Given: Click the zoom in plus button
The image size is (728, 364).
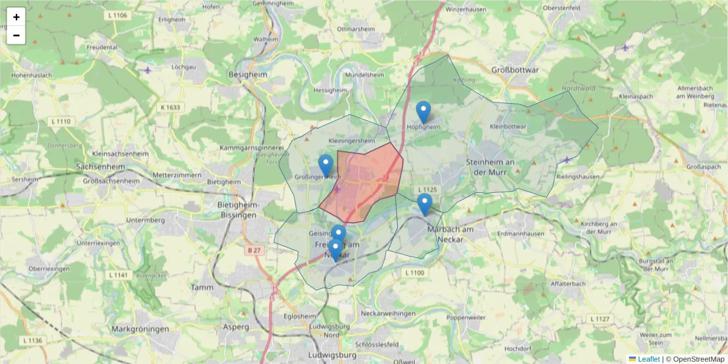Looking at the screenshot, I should click(16, 17).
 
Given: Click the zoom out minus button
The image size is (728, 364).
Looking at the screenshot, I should click(16, 35).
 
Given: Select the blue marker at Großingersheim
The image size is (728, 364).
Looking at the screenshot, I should click(326, 166).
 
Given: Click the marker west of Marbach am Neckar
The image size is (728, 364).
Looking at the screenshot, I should click(425, 204).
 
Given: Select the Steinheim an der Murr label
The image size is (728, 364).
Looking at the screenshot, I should click(491, 166).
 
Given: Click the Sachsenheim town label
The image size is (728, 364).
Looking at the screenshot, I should click(101, 166).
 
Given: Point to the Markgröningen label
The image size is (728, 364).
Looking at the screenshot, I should click(140, 329).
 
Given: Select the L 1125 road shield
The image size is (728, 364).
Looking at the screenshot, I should click(427, 190).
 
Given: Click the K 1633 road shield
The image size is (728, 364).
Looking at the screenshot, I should click(170, 107).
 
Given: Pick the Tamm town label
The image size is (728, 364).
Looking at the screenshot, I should click(200, 287).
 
